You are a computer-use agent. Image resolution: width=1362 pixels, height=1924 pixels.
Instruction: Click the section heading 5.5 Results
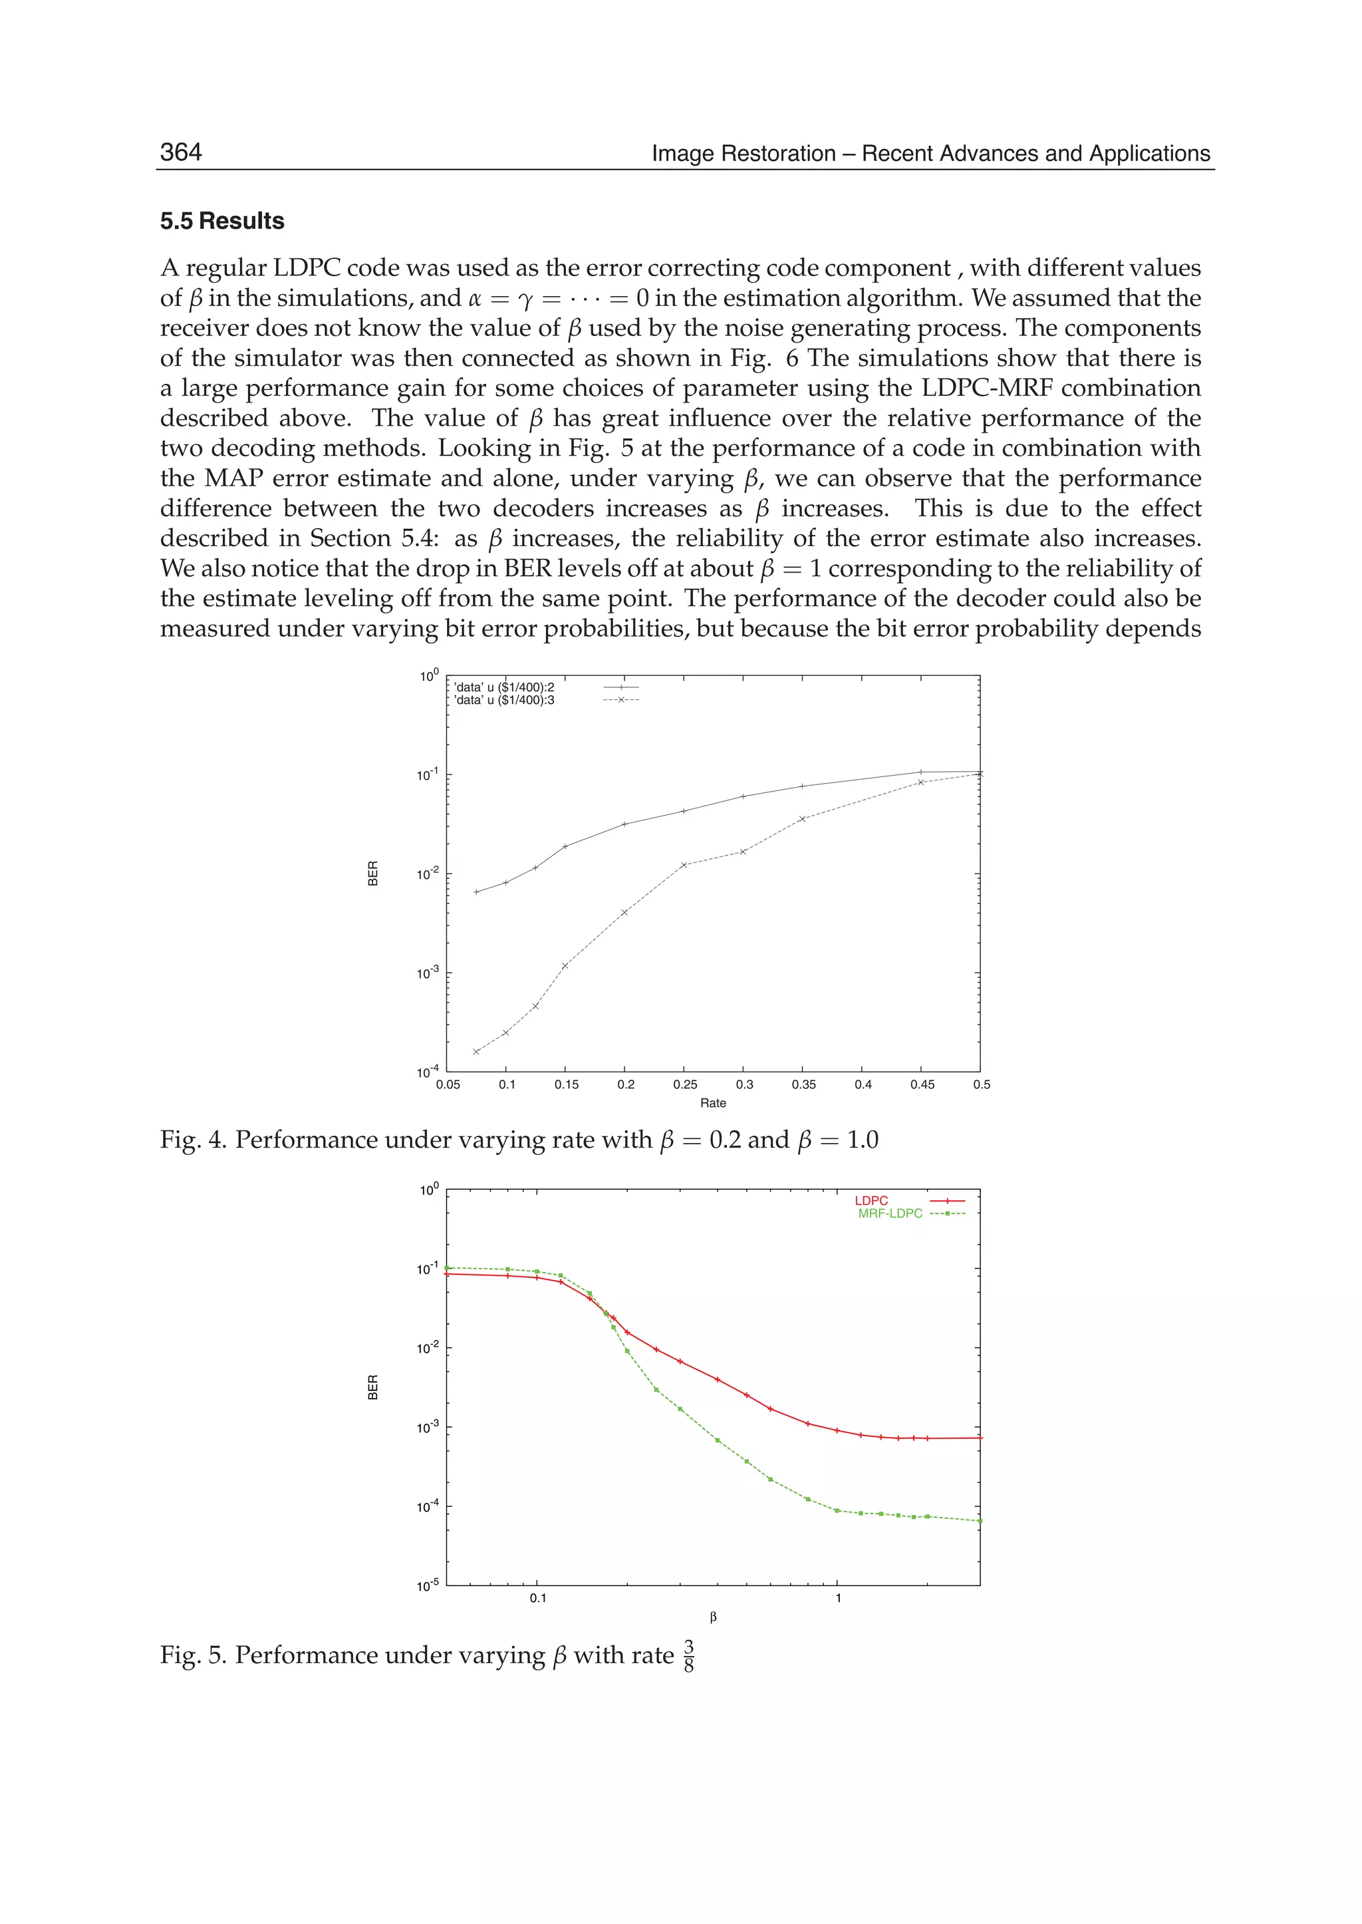pyautogui.click(x=222, y=221)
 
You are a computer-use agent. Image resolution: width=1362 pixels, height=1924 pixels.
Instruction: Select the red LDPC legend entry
pyautogui.click(x=871, y=1201)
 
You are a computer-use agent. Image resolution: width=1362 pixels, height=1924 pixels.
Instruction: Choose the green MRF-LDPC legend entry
pyautogui.click(x=890, y=1213)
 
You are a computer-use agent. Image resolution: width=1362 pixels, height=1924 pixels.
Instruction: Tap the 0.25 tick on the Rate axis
pyautogui.click(x=684, y=1084)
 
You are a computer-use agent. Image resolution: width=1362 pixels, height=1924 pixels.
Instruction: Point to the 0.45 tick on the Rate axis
pyautogui.click(x=922, y=1084)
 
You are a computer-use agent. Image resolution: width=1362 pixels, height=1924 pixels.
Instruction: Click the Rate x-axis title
pyautogui.click(x=713, y=1102)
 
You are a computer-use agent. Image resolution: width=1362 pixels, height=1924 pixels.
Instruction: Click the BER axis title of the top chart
pyautogui.click(x=373, y=874)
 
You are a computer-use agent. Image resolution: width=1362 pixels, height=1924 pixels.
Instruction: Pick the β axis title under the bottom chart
pyautogui.click(x=713, y=1617)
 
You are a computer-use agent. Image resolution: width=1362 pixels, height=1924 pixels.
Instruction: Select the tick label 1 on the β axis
pyautogui.click(x=838, y=1597)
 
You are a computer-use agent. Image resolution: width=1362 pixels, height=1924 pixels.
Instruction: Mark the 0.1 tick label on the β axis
pyautogui.click(x=537, y=1597)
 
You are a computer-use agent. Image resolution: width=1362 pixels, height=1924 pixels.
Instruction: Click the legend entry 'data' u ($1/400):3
pyautogui.click(x=504, y=700)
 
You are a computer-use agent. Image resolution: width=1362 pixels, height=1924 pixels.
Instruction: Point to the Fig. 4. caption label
pyautogui.click(x=194, y=1140)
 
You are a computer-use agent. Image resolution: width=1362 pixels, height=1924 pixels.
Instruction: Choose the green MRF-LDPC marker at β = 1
pyautogui.click(x=837, y=1510)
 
